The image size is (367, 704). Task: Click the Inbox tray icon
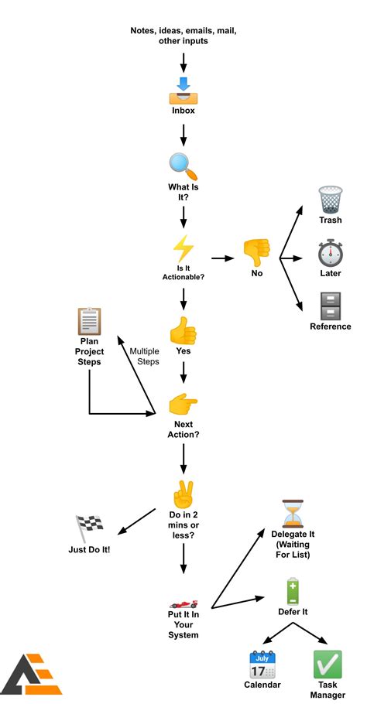pos(183,91)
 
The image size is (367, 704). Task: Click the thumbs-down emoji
pos(256,251)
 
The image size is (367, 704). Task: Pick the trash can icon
pos(331,200)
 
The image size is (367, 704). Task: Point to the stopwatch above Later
pos(331,253)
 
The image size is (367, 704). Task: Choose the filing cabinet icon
pos(331,306)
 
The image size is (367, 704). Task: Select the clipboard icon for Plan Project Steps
pos(90,320)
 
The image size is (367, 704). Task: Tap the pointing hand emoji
pos(183,404)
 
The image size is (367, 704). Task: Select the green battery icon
pos(293,590)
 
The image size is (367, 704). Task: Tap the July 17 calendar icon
pos(263,665)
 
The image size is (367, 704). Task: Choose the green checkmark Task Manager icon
pos(327,665)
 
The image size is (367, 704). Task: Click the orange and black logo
pos(32,675)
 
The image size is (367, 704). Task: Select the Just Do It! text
pos(89,550)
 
